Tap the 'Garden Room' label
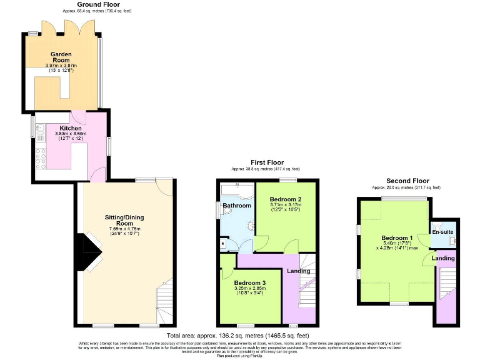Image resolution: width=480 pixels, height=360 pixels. [x=61, y=57]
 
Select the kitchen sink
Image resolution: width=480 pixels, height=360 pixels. [x=40, y=130]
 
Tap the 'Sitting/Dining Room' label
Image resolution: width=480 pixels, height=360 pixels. [x=124, y=220]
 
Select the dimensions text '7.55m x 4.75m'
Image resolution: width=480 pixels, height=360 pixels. [x=124, y=229]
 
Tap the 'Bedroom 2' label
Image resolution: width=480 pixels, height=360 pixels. [x=285, y=199]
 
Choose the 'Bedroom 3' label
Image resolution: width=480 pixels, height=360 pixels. [x=249, y=283]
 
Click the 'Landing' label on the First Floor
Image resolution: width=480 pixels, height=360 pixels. [x=298, y=271]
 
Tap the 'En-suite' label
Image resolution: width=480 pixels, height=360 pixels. [x=442, y=231]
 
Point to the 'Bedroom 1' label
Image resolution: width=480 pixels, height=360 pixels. [x=397, y=238]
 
